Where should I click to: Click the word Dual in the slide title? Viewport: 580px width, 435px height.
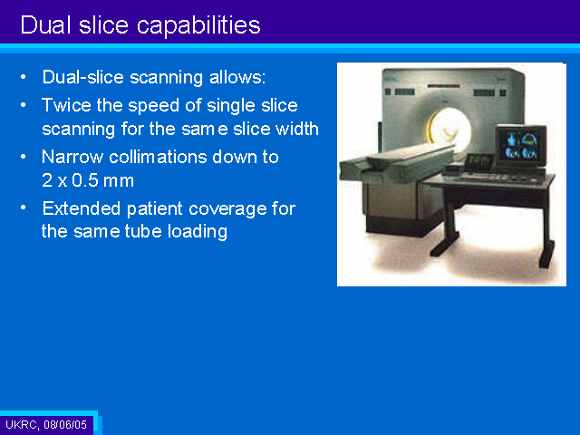coord(45,24)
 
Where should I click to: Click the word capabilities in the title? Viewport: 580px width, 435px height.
coord(198,25)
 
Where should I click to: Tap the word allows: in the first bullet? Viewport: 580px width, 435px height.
coord(237,77)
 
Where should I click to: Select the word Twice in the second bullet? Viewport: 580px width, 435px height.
coord(66,105)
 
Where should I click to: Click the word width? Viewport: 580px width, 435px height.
coord(297,129)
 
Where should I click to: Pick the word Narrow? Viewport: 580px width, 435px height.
coord(72,157)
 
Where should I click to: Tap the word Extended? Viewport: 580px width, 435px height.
coord(82,208)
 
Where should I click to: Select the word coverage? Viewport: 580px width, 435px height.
coord(227,209)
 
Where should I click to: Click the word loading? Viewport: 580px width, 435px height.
coord(198,232)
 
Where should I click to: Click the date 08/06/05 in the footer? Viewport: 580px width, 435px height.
coord(65,424)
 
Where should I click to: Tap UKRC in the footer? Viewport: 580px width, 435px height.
coord(21,424)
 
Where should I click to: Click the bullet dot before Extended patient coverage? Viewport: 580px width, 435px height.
coord(23,208)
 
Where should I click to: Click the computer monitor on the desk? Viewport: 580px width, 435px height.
coord(521,146)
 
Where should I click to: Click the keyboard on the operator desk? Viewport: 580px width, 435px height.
coord(478,177)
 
